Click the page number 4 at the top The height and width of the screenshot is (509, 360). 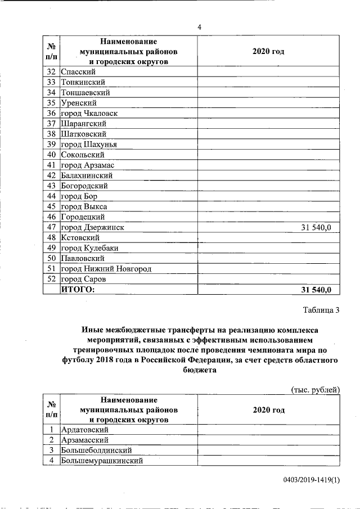click(x=199, y=27)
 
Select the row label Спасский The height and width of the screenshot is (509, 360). click(x=79, y=72)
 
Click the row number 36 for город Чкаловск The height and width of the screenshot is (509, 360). click(x=51, y=113)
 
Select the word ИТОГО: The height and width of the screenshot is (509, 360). click(x=78, y=290)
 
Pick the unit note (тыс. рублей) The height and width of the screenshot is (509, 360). click(x=315, y=389)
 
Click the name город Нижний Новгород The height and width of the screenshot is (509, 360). click(x=106, y=269)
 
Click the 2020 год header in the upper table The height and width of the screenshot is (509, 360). click(x=268, y=51)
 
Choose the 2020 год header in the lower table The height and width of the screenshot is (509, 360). click(x=268, y=410)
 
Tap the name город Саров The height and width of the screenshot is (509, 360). click(x=83, y=279)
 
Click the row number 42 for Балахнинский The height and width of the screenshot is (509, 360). click(x=51, y=175)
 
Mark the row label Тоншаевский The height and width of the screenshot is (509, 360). click(x=85, y=92)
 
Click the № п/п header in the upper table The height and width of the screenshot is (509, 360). click(x=51, y=51)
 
